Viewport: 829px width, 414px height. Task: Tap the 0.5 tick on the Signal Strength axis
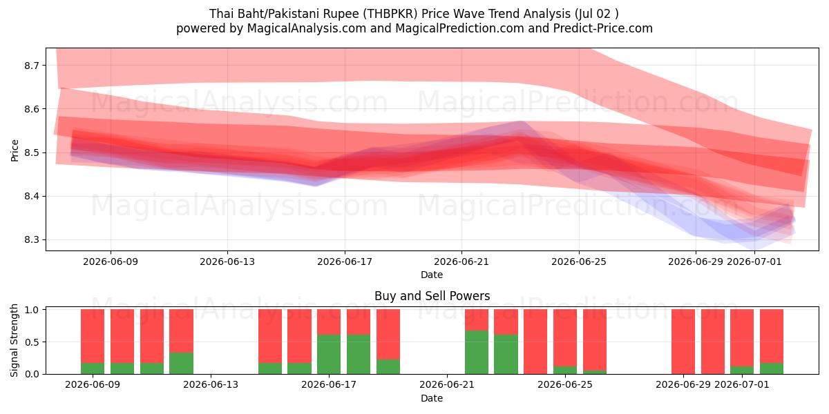tap(32, 342)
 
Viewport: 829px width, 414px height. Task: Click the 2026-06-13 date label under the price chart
tap(227, 262)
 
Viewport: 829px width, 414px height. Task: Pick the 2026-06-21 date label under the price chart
tap(461, 262)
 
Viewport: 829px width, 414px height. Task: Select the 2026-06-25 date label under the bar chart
tap(565, 385)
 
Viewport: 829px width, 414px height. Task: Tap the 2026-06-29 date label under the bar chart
tap(683, 385)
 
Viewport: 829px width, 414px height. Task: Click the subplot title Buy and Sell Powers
tap(432, 296)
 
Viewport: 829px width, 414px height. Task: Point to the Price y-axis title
tap(15, 150)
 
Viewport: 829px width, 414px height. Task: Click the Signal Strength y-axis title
tap(14, 340)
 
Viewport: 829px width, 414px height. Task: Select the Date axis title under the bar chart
tap(432, 398)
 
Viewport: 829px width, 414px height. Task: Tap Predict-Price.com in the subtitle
tap(603, 28)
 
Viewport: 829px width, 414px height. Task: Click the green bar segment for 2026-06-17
tap(329, 355)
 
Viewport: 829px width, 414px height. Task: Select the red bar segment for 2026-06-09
tap(93, 336)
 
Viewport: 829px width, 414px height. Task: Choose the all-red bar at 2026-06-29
tap(683, 342)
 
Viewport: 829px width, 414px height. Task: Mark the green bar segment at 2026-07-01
tap(742, 370)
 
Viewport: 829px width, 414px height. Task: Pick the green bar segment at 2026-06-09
tap(93, 368)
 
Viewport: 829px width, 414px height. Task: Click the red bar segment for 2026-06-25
tap(565, 338)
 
